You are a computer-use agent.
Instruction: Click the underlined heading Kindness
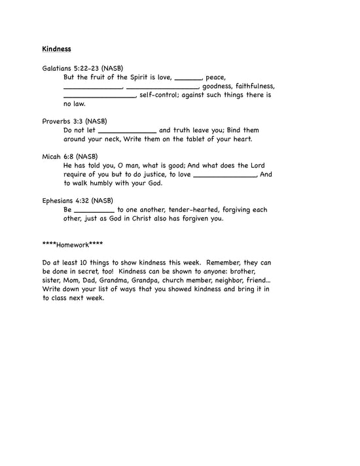coord(56,48)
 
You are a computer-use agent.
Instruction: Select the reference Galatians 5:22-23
coord(73,69)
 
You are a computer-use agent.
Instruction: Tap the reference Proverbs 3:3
coord(65,121)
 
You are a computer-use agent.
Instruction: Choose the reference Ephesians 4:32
coord(68,200)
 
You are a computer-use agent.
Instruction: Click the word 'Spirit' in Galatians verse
coord(136,78)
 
